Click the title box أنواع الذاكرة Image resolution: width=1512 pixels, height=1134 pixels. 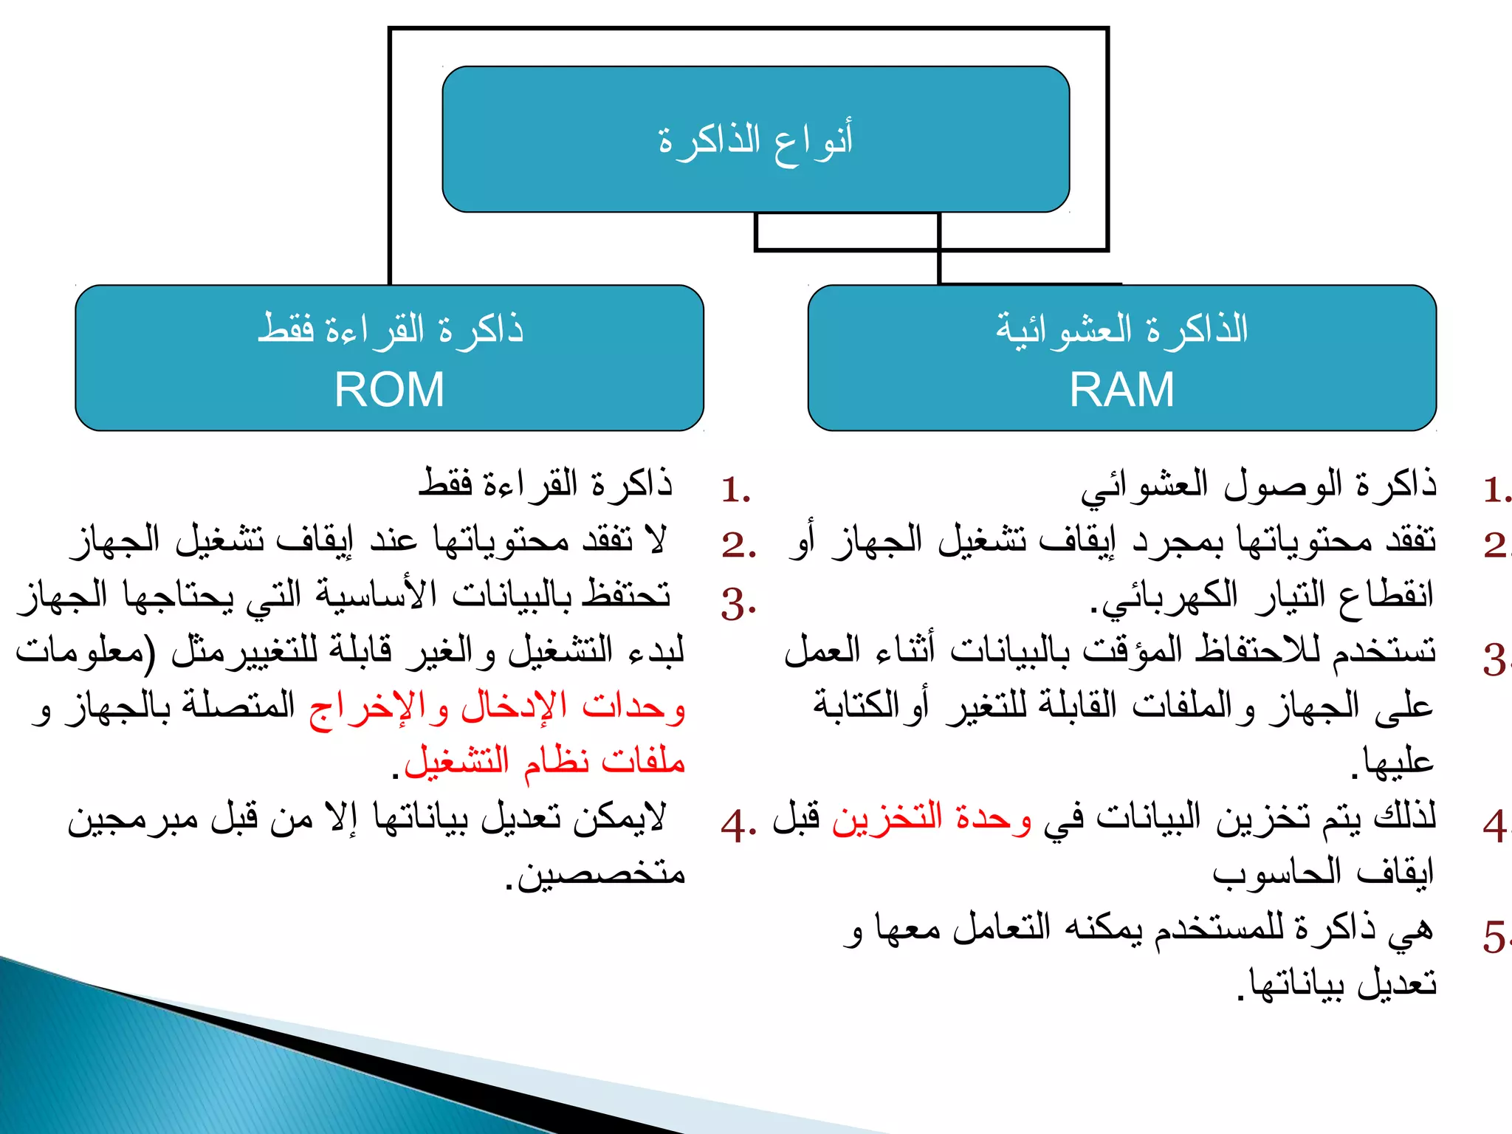tap(755, 140)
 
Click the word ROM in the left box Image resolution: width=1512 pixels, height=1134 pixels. tap(389, 389)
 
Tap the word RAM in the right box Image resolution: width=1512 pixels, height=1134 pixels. tap(1121, 389)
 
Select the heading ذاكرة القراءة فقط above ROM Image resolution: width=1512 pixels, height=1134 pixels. tap(390, 329)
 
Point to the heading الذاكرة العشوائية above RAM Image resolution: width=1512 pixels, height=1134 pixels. tap(1121, 329)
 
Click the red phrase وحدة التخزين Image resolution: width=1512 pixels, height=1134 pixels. tap(932, 818)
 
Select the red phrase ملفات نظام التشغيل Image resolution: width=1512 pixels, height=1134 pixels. tap(545, 761)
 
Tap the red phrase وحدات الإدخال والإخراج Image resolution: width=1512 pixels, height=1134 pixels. tap(497, 707)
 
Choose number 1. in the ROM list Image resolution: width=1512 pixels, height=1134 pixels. tap(736, 489)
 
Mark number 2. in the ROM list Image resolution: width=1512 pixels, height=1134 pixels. tap(738, 545)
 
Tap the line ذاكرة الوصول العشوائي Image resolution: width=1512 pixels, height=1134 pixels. tap(1259, 485)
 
